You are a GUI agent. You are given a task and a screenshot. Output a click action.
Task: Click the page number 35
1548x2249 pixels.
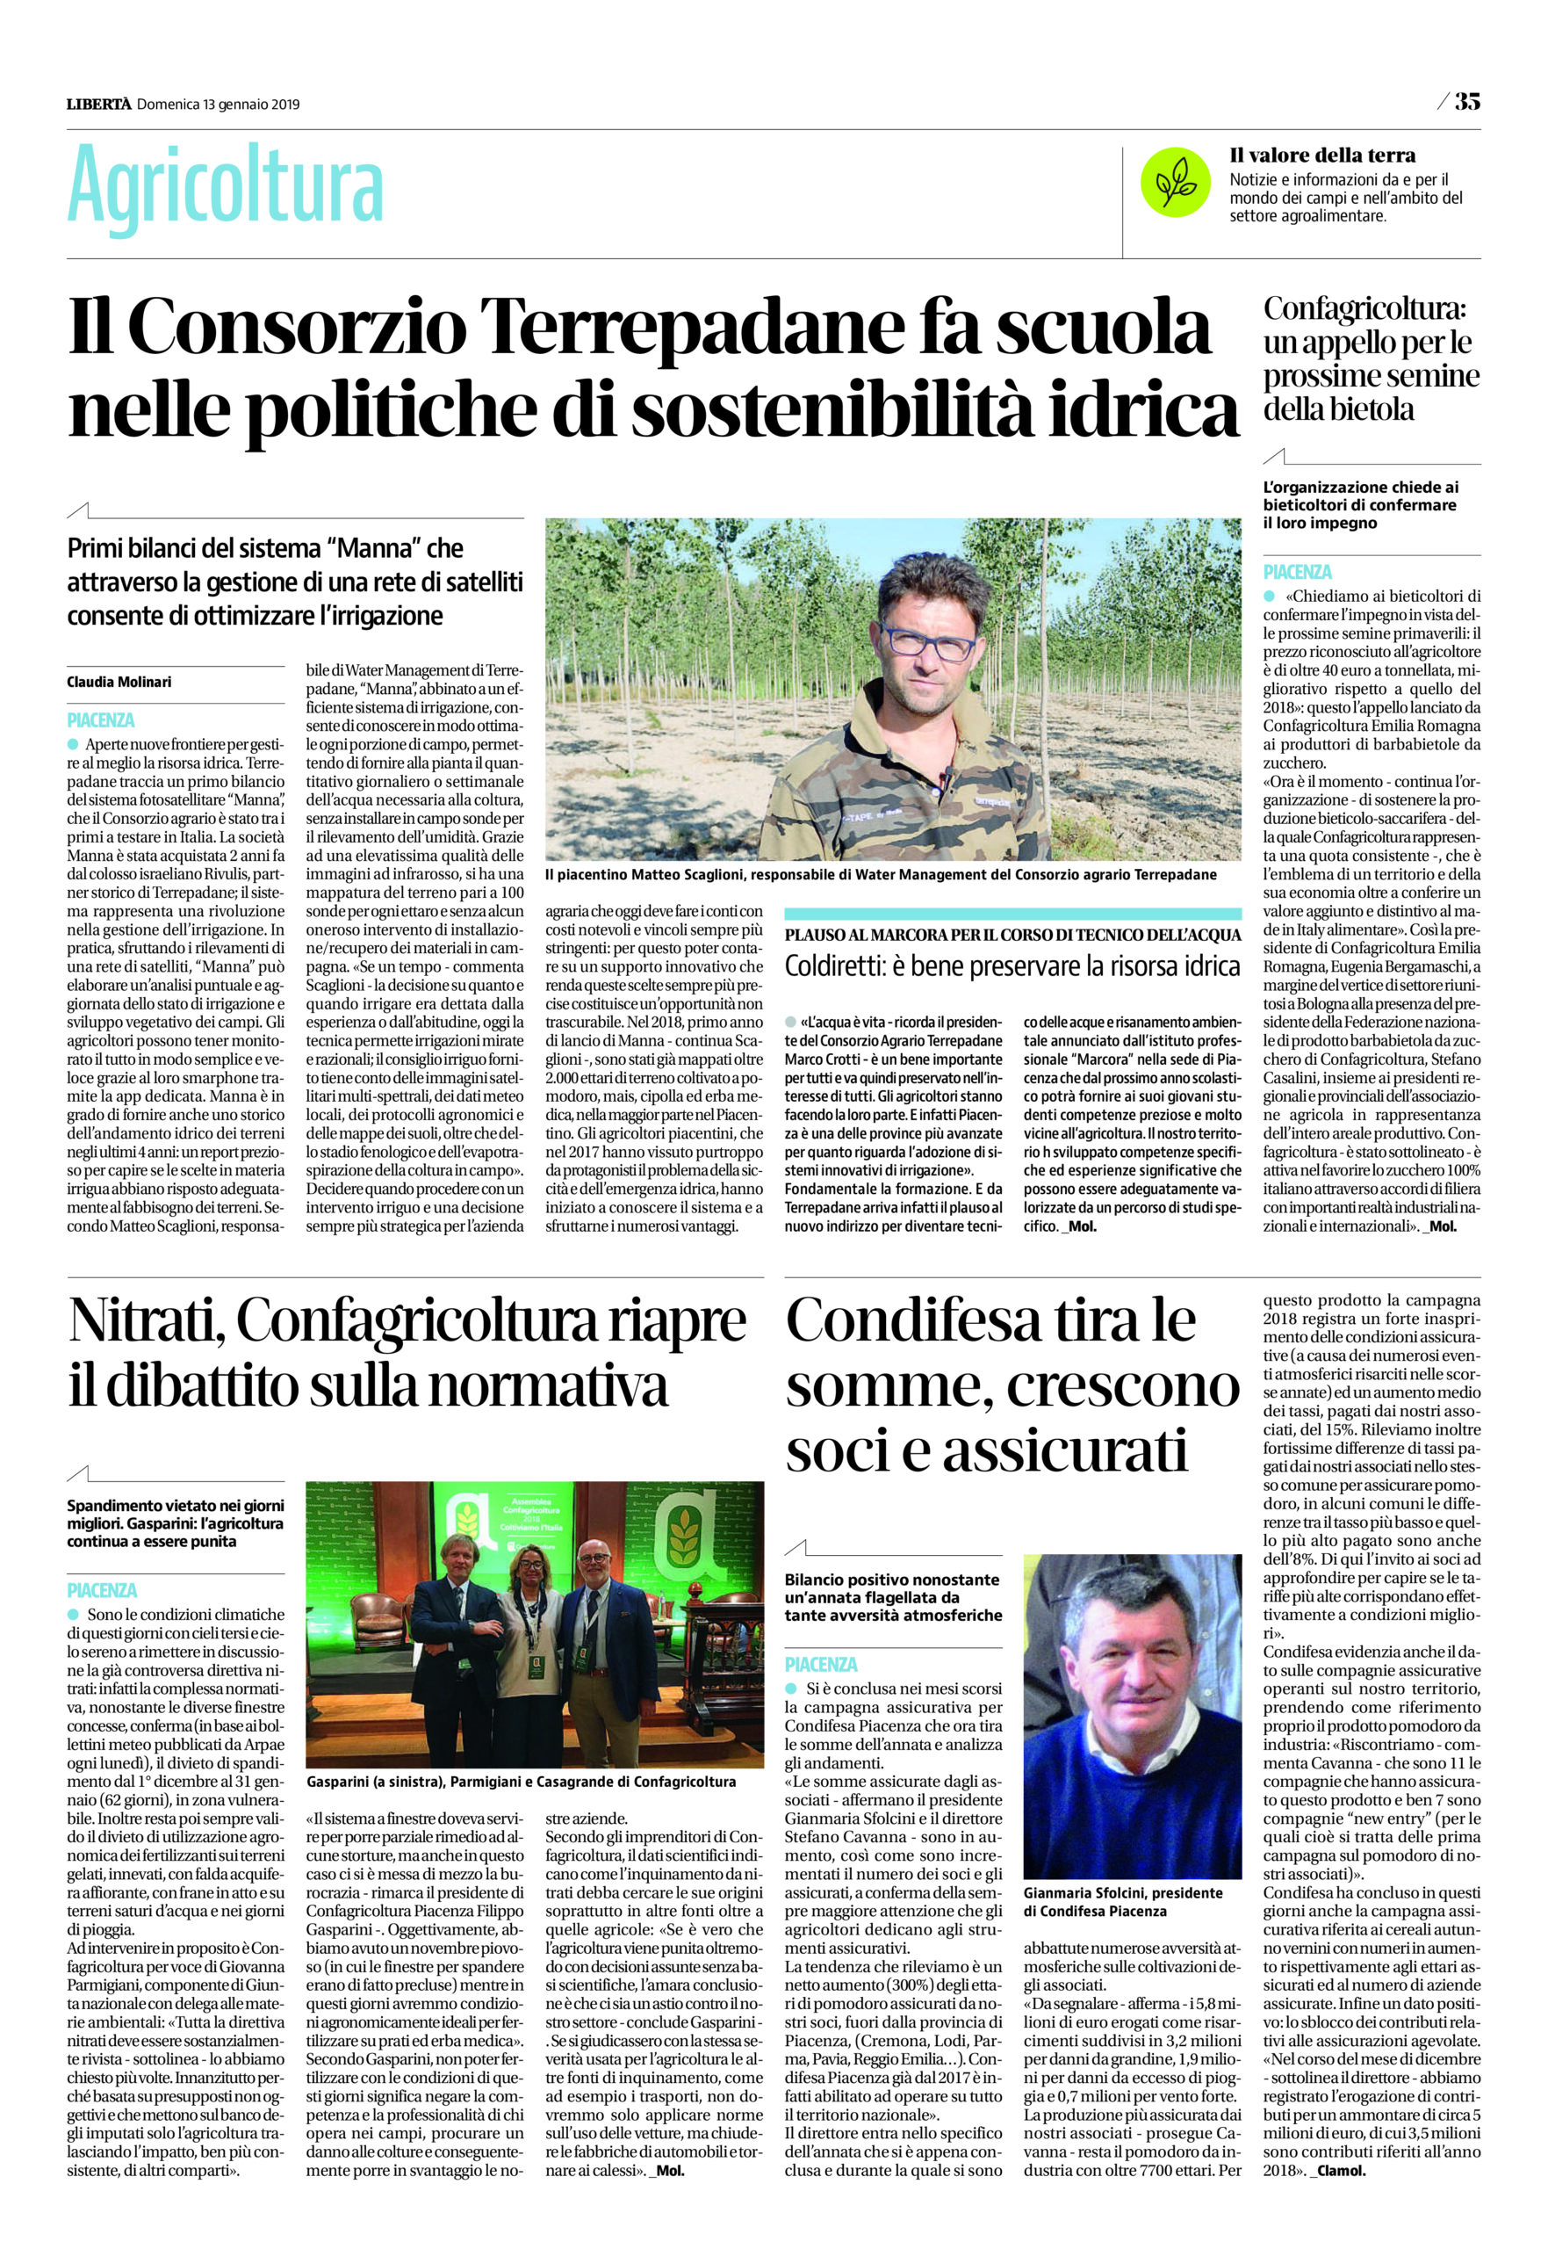pos(1466,101)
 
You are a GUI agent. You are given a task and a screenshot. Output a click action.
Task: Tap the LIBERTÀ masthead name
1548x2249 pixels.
pos(99,104)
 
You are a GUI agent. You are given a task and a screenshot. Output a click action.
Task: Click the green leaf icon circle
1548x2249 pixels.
pos(1176,182)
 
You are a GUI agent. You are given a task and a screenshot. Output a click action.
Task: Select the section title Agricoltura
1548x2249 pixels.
pos(225,187)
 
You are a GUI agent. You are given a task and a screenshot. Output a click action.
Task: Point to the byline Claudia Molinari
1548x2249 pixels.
pos(119,682)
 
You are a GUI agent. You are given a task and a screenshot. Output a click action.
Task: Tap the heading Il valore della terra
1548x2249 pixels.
pos(1322,155)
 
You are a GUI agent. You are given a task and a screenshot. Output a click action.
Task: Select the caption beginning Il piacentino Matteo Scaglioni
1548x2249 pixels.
pos(880,874)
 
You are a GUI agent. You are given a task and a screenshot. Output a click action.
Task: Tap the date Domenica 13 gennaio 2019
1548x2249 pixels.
pos(219,105)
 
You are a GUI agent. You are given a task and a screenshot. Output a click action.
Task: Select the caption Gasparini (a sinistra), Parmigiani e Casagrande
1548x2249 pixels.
pos(520,1782)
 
